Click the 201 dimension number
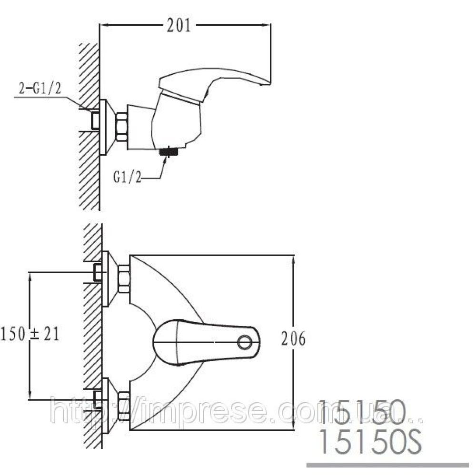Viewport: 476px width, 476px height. click(179, 26)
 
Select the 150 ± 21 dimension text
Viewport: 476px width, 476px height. click(30, 334)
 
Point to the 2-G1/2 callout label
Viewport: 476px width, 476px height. click(40, 89)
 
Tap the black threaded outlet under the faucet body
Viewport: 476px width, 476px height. click(168, 151)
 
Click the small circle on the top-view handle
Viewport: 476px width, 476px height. click(245, 342)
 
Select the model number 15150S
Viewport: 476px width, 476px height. click(371, 441)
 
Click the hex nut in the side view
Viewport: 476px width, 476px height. click(121, 127)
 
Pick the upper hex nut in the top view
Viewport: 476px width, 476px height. click(124, 278)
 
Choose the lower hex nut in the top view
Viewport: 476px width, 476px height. click(124, 406)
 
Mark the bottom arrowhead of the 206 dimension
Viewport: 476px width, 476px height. click(293, 425)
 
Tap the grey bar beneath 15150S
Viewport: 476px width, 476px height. click(387, 465)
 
